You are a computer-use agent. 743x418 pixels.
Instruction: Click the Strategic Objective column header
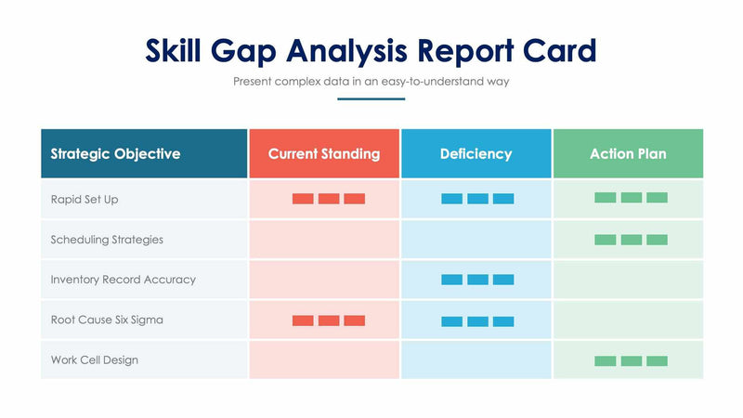(115, 153)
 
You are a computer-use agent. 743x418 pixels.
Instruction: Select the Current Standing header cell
(323, 153)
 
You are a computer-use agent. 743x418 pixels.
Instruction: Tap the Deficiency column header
(476, 153)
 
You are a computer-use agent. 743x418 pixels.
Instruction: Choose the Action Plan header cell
(628, 153)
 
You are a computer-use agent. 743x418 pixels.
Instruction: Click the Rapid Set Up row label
(85, 199)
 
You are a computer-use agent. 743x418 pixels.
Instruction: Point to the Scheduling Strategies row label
(107, 240)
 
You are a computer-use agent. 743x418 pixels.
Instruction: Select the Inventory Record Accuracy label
(124, 280)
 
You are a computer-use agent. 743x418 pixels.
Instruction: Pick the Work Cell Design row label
(94, 359)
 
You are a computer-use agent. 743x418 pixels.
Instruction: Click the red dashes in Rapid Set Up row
(329, 199)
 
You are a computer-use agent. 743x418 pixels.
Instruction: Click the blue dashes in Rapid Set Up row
(477, 199)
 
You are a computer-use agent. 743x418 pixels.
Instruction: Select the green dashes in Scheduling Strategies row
(631, 240)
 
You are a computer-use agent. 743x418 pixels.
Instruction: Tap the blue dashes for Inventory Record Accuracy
(477, 280)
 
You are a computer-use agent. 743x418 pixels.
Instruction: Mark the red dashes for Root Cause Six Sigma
(329, 320)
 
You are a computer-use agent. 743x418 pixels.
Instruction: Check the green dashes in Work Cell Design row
(631, 360)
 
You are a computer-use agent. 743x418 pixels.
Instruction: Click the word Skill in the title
(182, 50)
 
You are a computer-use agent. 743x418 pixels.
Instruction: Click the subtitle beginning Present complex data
(371, 82)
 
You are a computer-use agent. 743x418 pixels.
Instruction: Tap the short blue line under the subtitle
(371, 98)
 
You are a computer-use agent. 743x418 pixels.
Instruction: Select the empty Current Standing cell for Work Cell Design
(324, 359)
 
